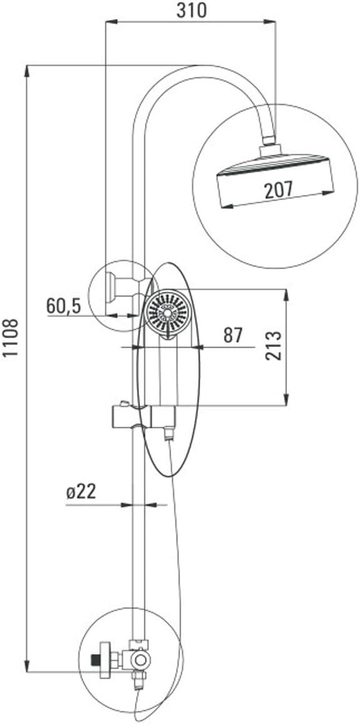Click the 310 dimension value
pos(191,10)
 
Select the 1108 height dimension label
pos(10,337)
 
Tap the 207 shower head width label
pos(278,190)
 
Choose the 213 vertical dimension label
pos(274,345)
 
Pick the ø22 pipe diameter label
pos(81,492)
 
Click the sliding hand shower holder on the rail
pos(144,416)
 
